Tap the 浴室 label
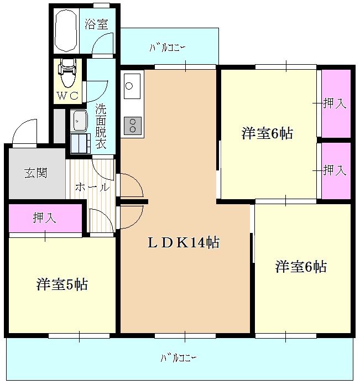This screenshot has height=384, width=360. coord(96,24)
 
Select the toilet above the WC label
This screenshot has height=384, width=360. coord(67,73)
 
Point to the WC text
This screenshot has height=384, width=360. coord(69,95)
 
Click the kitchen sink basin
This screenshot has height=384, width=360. coord(129,86)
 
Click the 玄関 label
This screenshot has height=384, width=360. coord(35,173)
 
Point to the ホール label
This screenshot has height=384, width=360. coord(92,187)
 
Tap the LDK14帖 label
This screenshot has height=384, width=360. coord(183,242)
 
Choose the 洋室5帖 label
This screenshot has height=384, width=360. coord(62,284)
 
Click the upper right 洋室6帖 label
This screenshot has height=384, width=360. coord(267,133)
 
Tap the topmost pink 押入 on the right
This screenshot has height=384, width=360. coord(336,103)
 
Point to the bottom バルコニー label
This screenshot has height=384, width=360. coord(178,357)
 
